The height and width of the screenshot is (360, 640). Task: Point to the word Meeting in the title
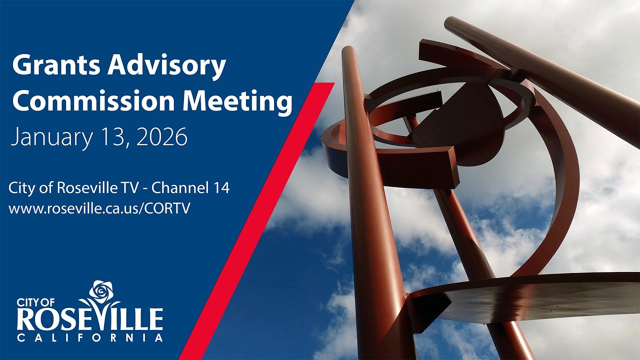pyautogui.click(x=237, y=101)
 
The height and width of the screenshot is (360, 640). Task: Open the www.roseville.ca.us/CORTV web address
pyautogui.click(x=99, y=208)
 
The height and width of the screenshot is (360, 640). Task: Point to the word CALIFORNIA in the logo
pyautogui.click(x=90, y=338)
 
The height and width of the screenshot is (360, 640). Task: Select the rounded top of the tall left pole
pyautogui.click(x=348, y=51)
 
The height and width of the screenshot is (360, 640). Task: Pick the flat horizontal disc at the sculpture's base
pyautogui.click(x=530, y=295)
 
